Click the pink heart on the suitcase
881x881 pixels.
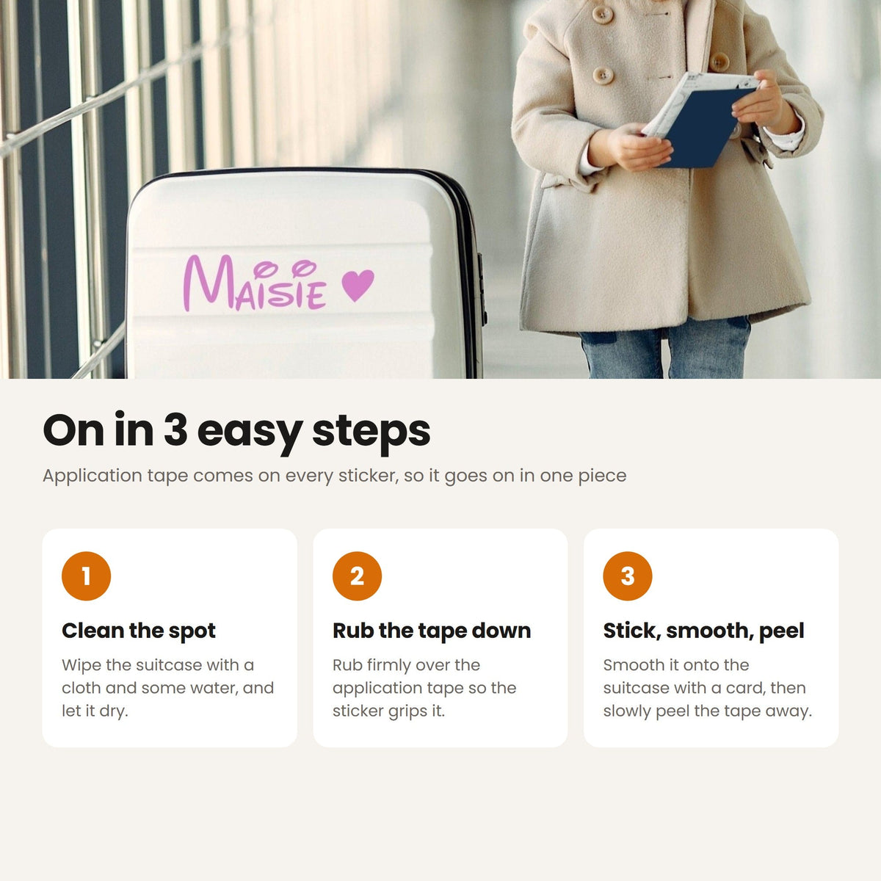[x=358, y=284]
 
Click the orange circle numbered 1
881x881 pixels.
[x=86, y=576]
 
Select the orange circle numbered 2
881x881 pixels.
[x=357, y=576]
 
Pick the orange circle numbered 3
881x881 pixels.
[x=628, y=576]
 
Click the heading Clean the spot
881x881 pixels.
[x=139, y=631]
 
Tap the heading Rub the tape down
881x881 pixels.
[x=432, y=631]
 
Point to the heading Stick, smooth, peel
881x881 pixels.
[x=703, y=631]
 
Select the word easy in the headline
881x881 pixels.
[x=250, y=435]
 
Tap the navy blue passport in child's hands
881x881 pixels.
[x=704, y=123]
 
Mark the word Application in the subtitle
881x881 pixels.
[x=93, y=476]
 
